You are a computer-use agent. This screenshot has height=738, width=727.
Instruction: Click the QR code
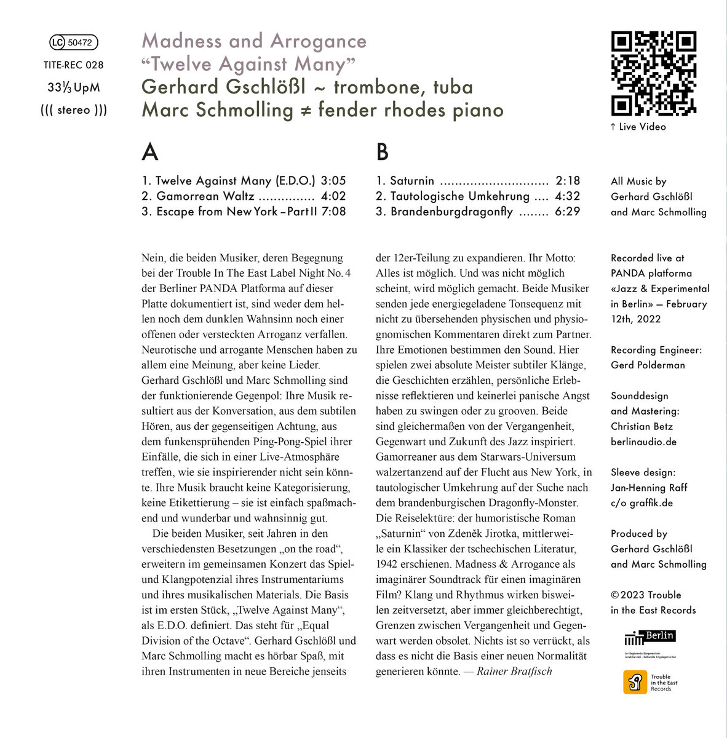click(653, 74)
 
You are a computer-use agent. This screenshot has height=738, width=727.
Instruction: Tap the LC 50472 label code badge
click(73, 42)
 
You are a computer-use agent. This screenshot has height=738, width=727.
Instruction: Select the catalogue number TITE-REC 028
click(74, 65)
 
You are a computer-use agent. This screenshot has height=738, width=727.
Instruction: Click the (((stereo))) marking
click(74, 111)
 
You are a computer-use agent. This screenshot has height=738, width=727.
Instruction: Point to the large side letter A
click(149, 151)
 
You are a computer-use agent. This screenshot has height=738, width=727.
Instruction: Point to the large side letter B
click(382, 151)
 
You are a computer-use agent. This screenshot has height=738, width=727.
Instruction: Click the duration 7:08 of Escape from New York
click(333, 212)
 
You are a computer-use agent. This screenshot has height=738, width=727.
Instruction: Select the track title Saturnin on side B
click(412, 181)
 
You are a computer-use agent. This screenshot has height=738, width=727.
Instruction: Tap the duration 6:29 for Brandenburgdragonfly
click(567, 212)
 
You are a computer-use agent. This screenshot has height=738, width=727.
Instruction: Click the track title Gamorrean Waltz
click(205, 196)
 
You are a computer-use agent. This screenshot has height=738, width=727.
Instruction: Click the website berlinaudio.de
click(643, 442)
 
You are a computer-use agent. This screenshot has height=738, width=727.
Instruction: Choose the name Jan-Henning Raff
click(649, 488)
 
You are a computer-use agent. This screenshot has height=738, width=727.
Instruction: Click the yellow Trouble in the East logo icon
click(635, 682)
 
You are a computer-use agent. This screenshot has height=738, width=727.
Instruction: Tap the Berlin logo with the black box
click(650, 637)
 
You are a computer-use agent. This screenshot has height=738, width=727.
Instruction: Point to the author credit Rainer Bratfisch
click(514, 671)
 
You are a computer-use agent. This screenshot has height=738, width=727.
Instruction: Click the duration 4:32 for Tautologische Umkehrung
click(567, 196)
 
